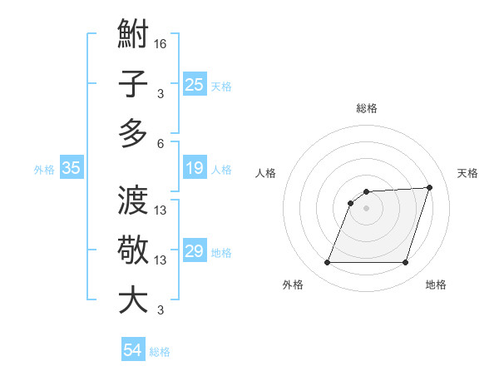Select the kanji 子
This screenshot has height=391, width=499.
click(x=133, y=85)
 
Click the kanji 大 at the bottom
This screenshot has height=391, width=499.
click(x=133, y=299)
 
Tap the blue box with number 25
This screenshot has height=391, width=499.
click(x=195, y=85)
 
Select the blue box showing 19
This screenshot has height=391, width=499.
click(x=195, y=169)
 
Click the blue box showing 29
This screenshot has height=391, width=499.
click(x=195, y=252)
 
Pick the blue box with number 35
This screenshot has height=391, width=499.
click(x=72, y=169)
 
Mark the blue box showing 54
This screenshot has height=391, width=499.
click(x=133, y=351)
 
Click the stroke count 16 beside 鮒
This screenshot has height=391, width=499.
click(x=161, y=43)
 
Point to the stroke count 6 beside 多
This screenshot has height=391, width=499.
click(x=161, y=143)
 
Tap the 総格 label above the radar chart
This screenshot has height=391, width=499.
click(x=367, y=108)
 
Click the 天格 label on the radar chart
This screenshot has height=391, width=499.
click(x=468, y=173)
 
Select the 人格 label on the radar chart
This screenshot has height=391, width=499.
click(x=265, y=173)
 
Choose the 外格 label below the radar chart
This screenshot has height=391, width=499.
click(x=293, y=285)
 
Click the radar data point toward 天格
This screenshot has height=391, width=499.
click(x=430, y=188)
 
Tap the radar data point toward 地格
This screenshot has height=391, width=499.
click(x=405, y=263)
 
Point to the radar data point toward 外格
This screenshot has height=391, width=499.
click(x=327, y=263)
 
